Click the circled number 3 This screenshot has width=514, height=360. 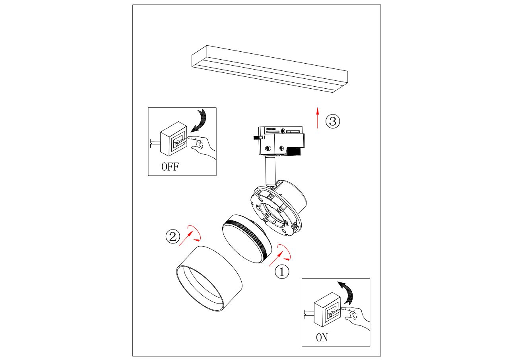coord(333,121)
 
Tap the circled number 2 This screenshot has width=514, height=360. coord(173,236)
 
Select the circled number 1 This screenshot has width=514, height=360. coord(282,272)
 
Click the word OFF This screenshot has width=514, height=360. coord(170,167)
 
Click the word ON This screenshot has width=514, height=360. coord(322,337)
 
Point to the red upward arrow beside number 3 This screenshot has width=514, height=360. coord(318,118)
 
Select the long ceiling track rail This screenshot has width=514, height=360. coord(270,69)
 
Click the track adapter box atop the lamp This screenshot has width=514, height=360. coord(282,141)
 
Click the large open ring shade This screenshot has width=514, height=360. coord(209,278)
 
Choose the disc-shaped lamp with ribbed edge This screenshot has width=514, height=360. coord(247,239)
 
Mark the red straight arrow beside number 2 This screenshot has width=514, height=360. coord(186,239)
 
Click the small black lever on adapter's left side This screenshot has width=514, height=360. coord(258,138)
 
